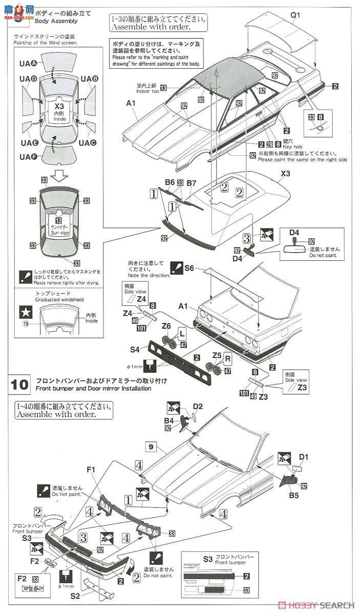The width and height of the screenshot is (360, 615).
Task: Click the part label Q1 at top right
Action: click(x=296, y=15)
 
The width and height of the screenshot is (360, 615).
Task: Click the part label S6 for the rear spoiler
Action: click(x=189, y=268)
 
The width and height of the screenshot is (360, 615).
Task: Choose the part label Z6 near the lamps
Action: click(x=166, y=325)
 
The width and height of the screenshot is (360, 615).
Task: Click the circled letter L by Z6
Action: click(x=182, y=334)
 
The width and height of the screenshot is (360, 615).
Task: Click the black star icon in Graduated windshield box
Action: click(x=24, y=312)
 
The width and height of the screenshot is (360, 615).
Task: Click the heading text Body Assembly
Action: click(x=56, y=22)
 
